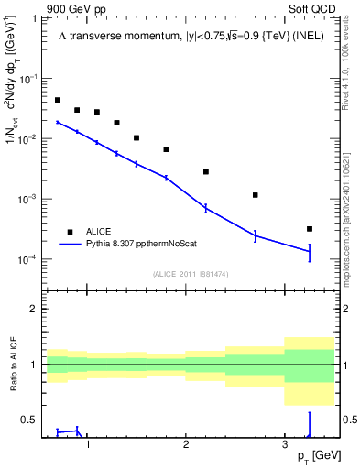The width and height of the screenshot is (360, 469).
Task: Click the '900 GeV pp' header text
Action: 75,8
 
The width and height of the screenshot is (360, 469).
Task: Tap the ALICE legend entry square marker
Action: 68,232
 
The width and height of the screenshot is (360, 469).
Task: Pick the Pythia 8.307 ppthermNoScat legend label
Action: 145,244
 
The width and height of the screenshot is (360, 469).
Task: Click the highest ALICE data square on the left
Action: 58,100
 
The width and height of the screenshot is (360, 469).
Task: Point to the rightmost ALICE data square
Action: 310,229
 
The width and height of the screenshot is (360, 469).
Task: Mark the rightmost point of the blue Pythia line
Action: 310,251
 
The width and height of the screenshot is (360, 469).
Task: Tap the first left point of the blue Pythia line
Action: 58,122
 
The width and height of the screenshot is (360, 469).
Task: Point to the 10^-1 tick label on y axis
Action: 30,80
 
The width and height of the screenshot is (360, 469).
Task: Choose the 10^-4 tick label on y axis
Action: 30,260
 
